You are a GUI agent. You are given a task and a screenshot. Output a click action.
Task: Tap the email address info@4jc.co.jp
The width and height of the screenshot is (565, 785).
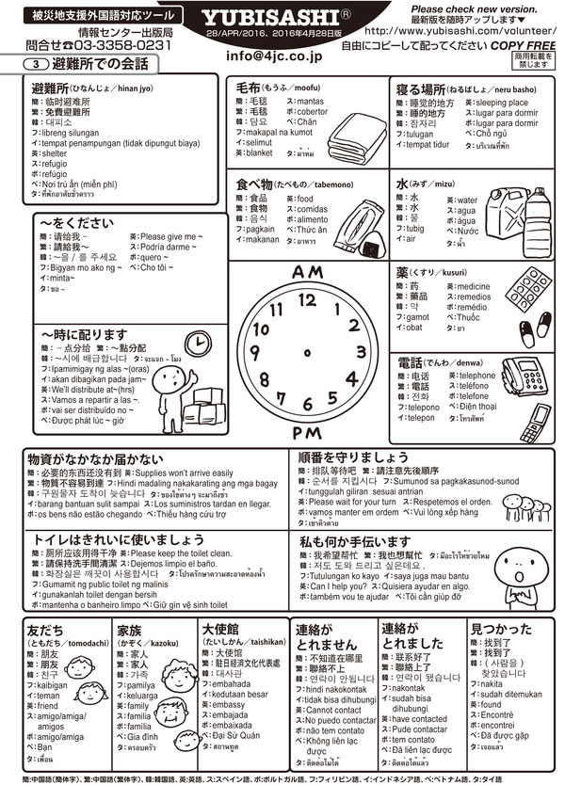pos(277,56)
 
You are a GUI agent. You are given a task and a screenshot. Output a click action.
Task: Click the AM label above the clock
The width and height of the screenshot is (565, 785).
pos(307,273)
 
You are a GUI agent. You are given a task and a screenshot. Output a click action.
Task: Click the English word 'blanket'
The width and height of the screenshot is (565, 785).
pos(259,152)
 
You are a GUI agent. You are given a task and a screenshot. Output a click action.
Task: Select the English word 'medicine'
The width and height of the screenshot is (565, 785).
pos(473,286)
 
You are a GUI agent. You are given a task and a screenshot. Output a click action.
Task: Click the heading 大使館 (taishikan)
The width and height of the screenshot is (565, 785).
pos(219,629)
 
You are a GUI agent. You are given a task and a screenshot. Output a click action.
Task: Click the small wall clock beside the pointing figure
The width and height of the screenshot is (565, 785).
pos(197,340)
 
